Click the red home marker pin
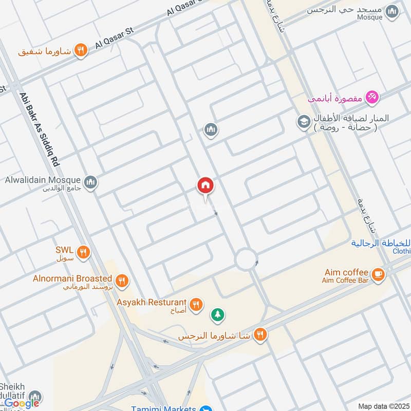(x=206, y=186)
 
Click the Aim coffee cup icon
(x=379, y=275)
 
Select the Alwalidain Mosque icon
(x=91, y=182)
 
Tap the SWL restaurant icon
(x=83, y=252)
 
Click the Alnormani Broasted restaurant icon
(x=122, y=281)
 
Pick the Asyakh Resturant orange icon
(x=196, y=305)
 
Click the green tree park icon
(x=218, y=315)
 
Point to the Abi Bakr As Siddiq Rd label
(x=40, y=129)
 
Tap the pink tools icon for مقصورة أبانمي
(x=372, y=96)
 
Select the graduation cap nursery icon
(x=303, y=122)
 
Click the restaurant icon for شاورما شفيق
(x=81, y=50)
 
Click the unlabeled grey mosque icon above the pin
(x=211, y=130)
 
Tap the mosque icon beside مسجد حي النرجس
(x=393, y=11)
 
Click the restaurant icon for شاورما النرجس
(x=260, y=334)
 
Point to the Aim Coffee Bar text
(x=346, y=281)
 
